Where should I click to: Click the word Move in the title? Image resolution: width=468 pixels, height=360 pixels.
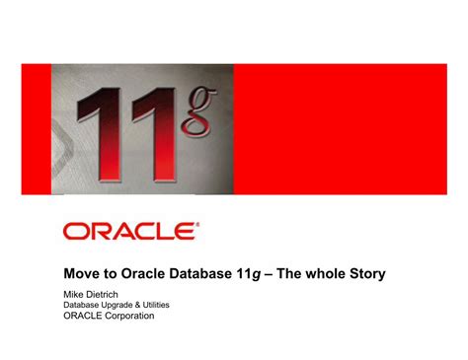[81, 272]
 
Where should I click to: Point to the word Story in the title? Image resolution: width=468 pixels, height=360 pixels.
[362, 272]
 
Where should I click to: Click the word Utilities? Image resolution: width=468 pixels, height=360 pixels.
[163, 305]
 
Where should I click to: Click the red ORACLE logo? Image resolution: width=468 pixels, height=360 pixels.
[127, 232]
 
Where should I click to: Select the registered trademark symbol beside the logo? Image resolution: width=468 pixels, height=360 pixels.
[197, 225]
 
